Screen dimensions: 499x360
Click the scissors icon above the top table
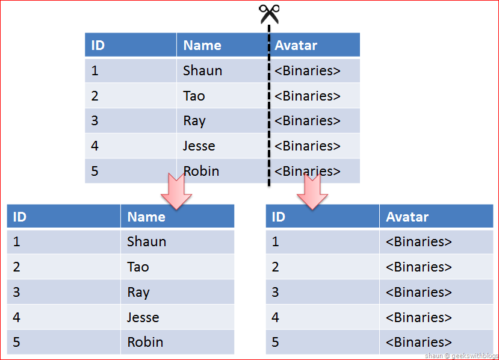269,14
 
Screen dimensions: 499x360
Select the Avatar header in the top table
296,45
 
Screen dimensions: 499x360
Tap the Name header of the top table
202,45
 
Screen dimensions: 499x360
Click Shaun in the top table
202,70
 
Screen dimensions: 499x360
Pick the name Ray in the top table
194,121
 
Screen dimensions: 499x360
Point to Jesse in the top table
199,146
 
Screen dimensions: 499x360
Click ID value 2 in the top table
95,96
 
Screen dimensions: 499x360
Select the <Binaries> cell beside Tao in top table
308,96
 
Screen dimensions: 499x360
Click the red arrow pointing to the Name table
176,191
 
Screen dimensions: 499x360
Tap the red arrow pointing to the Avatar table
312,191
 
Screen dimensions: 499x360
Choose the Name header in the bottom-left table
146,217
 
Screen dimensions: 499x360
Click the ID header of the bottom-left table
19,217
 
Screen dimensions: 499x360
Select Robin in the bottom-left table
145,342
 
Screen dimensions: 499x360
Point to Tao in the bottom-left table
138,267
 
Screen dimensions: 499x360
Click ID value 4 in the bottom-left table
16,317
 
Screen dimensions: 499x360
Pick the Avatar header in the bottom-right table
407,217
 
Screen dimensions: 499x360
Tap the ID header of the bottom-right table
279,217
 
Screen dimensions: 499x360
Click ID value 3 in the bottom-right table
275,292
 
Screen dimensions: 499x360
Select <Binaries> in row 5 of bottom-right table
419,342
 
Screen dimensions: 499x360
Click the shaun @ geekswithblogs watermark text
462,356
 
